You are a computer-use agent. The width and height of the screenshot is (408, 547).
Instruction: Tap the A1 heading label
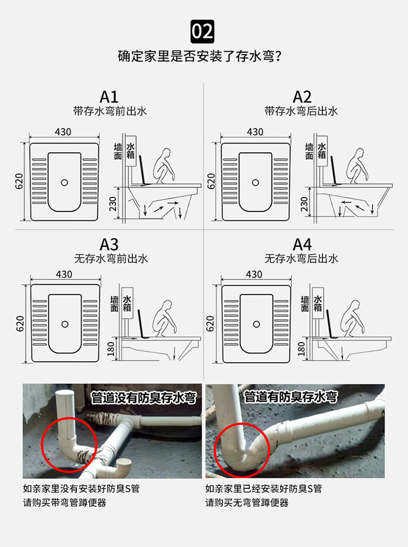coord(109,97)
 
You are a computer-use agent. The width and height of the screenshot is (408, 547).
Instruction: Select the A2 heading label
coord(302,97)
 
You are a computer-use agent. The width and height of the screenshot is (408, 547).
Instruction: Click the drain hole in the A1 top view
coord(65,182)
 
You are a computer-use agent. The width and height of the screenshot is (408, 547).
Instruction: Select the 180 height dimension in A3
coord(113,350)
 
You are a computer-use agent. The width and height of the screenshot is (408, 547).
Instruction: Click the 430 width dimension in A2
coord(255,132)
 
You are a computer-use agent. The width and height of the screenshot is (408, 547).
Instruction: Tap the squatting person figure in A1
coord(163,165)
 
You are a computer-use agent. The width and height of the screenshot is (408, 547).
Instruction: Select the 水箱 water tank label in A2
coord(322,151)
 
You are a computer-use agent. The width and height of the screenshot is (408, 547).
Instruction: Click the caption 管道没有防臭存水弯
coord(143,397)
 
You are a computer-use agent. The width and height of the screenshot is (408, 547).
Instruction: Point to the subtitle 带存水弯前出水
coord(109,111)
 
